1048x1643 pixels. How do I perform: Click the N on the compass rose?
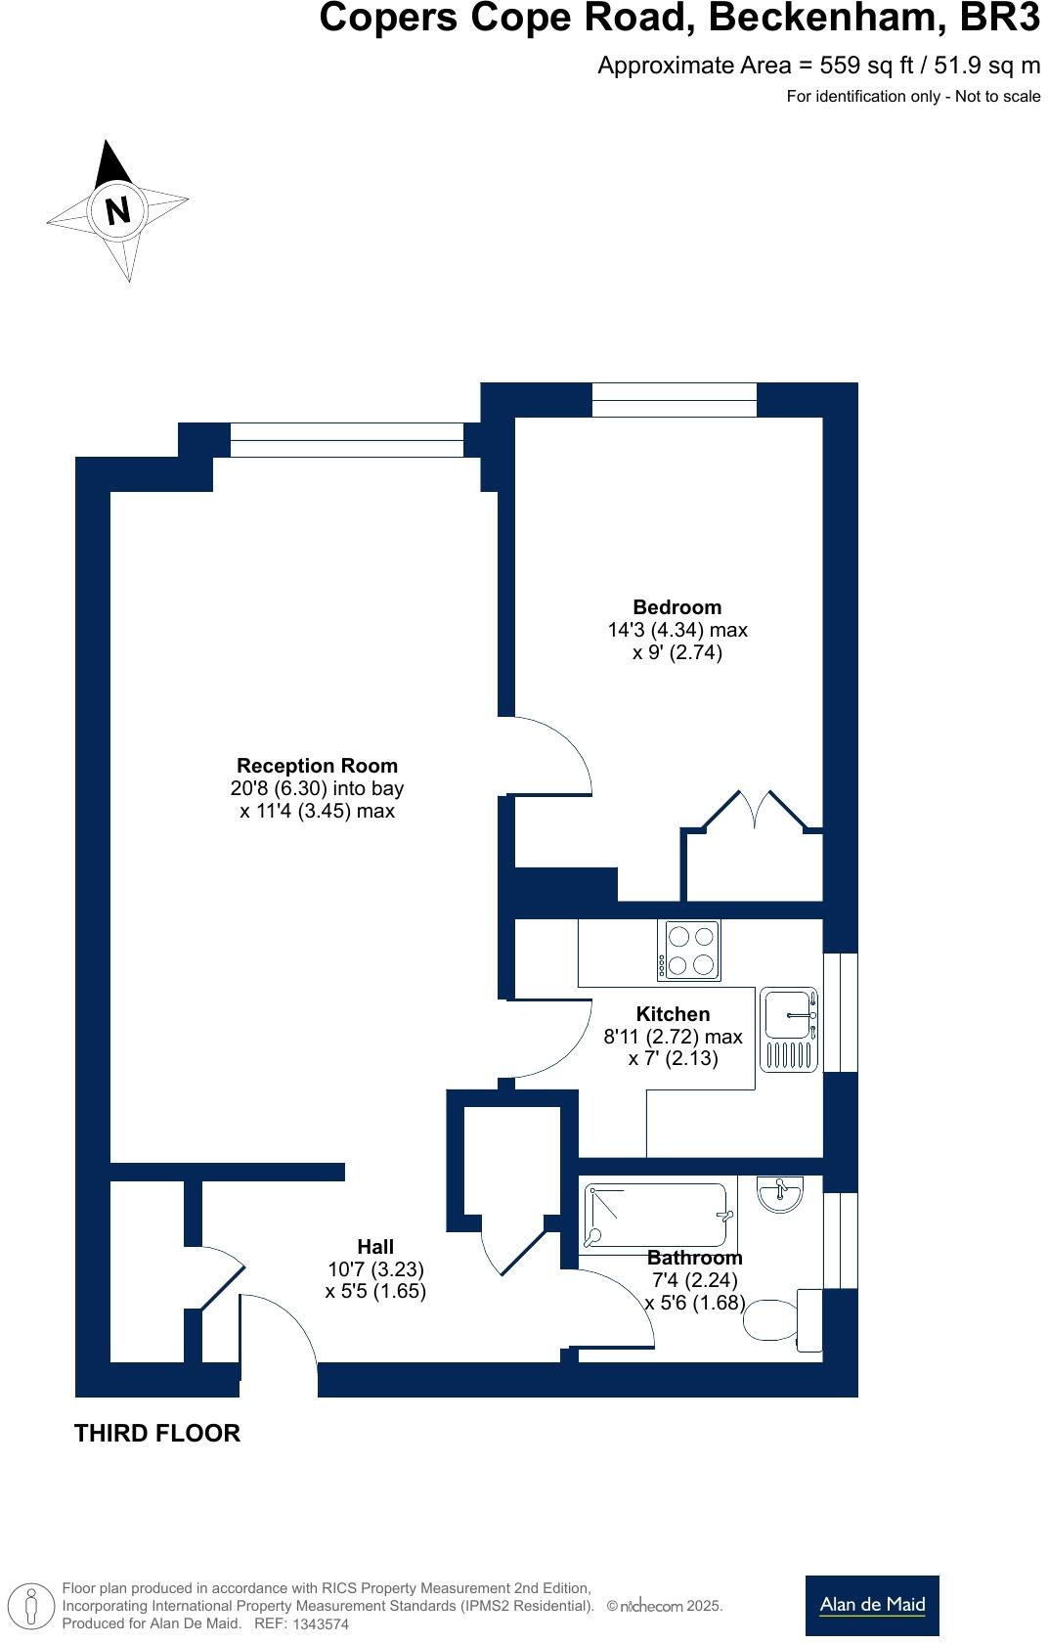click(x=117, y=210)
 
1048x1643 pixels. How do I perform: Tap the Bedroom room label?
click(x=677, y=607)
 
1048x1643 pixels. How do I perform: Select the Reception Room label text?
click(x=317, y=766)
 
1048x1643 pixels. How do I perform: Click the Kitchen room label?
click(x=673, y=1014)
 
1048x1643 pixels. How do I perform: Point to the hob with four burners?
click(x=690, y=950)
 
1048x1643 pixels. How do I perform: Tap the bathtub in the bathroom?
click(x=658, y=1217)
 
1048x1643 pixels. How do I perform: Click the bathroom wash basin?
click(x=779, y=1193)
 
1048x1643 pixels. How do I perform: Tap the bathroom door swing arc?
click(x=616, y=1306)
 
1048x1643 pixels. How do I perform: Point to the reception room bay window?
click(x=346, y=440)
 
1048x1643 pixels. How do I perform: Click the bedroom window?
click(x=674, y=399)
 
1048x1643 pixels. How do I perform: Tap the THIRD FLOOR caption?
click(x=157, y=1433)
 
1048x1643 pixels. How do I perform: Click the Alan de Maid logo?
click(x=872, y=1605)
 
